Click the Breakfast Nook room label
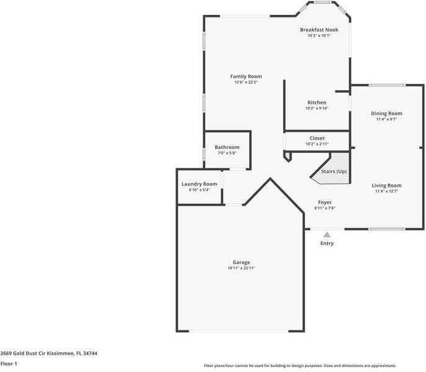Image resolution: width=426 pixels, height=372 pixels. [x=319, y=30]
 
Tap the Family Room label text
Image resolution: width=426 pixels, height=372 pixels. [x=246, y=76]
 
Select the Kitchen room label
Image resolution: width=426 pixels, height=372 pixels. [x=316, y=102]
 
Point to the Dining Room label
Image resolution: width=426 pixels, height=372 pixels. [x=386, y=114]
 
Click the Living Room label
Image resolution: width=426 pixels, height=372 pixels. [x=386, y=185]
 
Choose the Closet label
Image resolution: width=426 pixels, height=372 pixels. [x=317, y=138]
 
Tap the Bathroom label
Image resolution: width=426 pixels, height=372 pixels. [x=227, y=147]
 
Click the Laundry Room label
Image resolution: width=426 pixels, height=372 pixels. [x=199, y=184]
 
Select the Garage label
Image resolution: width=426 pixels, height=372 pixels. [x=241, y=262]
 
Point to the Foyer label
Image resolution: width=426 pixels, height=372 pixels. [x=325, y=202]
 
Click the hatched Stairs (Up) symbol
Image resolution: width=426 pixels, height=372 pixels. [x=329, y=176]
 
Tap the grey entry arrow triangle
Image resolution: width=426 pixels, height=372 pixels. [x=327, y=234]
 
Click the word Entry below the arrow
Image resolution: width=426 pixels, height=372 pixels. [x=327, y=243]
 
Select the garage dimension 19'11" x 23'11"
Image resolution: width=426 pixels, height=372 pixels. [x=241, y=268]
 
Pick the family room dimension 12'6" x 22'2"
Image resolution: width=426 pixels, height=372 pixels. [x=246, y=82]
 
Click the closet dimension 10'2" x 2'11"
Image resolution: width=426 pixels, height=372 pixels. [x=317, y=143]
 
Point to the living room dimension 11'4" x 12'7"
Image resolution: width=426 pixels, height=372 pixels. [x=386, y=191]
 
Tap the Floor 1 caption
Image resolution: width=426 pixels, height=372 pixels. [x=9, y=363]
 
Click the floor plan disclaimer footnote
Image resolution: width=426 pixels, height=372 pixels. [x=300, y=366]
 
